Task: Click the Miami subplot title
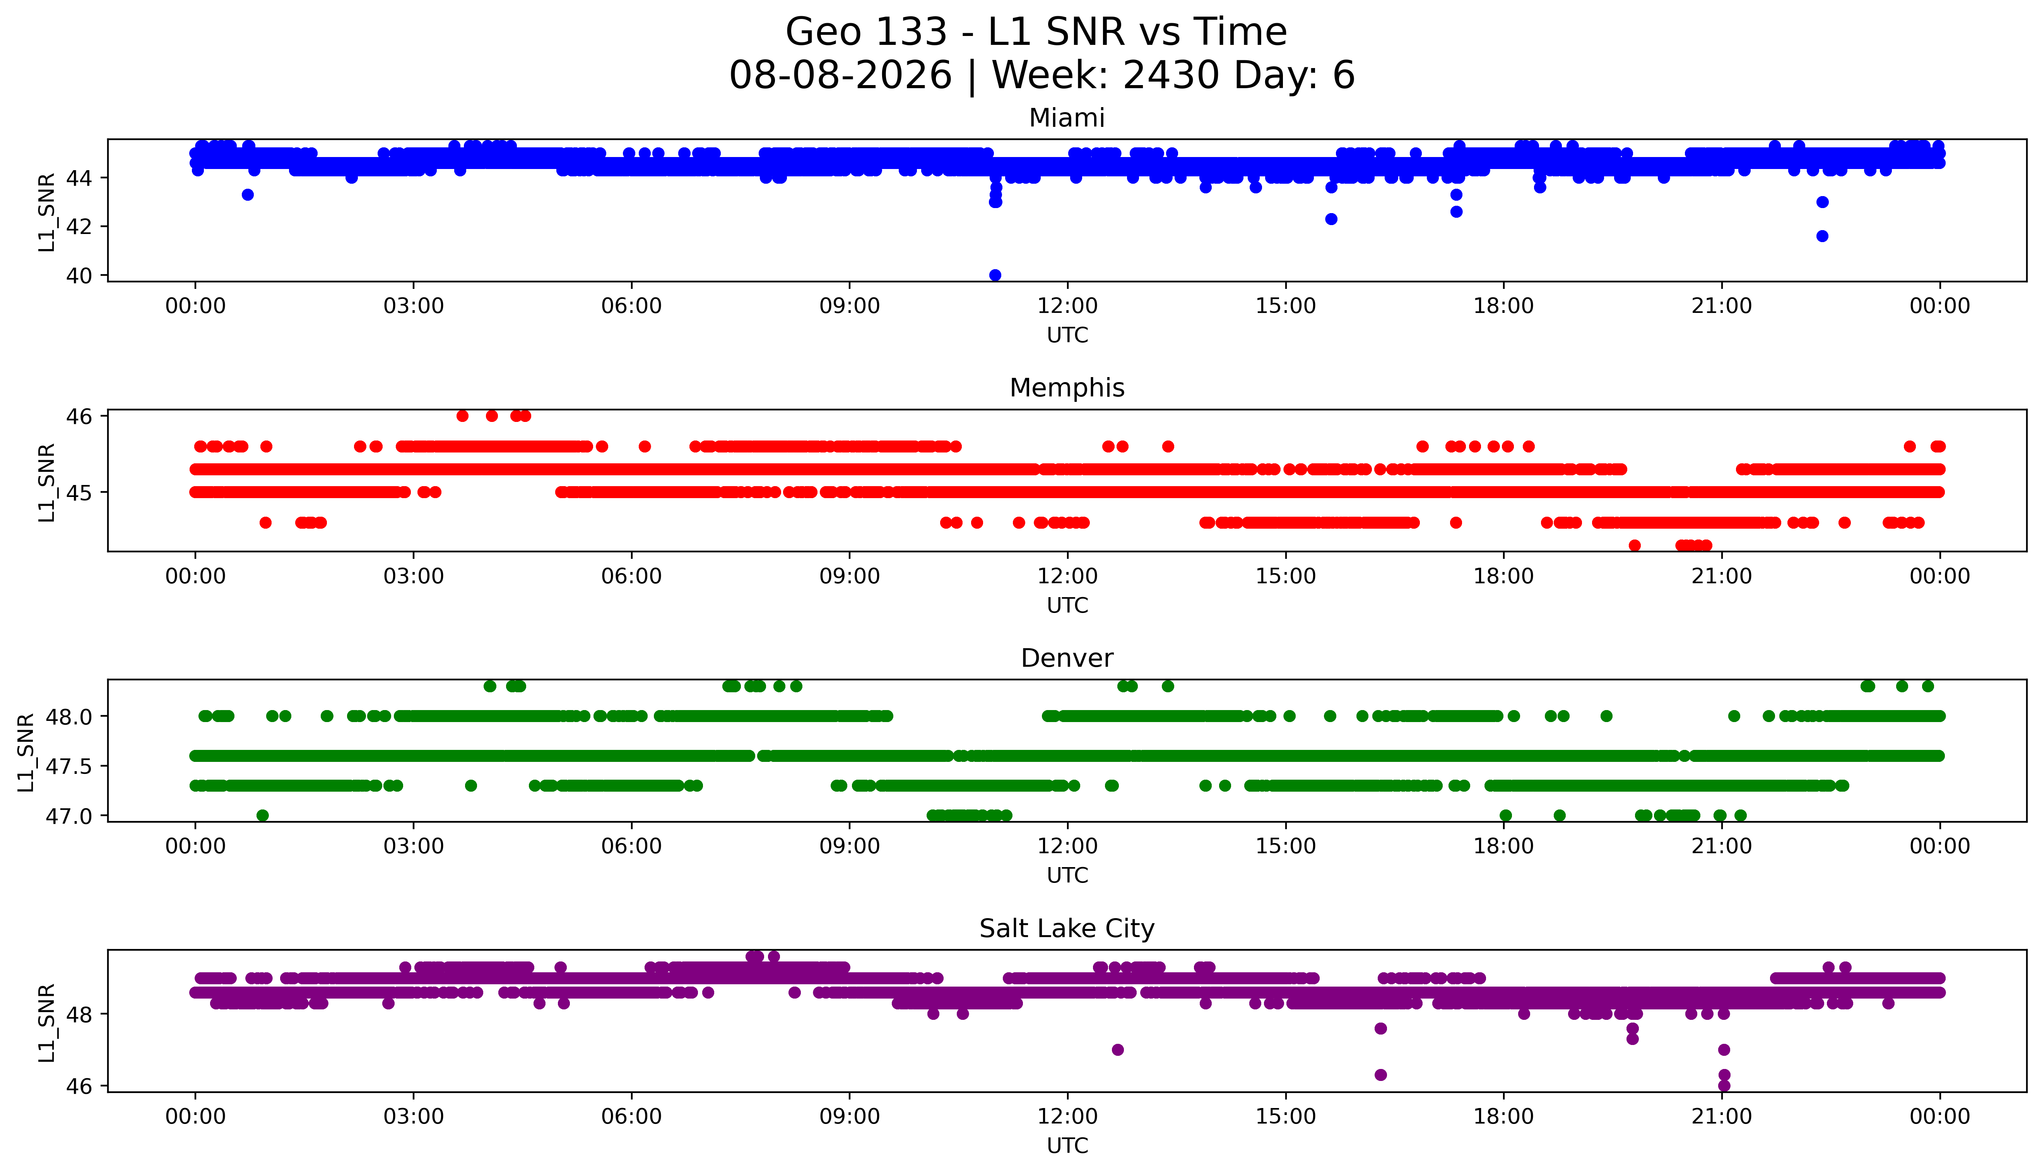click(1067, 118)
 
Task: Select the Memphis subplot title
click(1067, 388)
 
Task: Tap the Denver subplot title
click(1067, 658)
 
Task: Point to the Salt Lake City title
click(1067, 929)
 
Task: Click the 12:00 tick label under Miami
click(1068, 306)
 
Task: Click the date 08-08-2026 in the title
click(840, 76)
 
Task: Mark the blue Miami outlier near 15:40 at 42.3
click(1331, 219)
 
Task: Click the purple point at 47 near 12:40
click(1118, 1050)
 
